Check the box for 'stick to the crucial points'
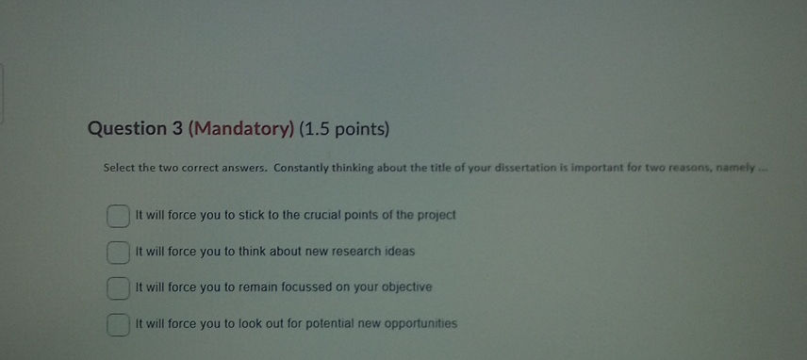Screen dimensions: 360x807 (117, 217)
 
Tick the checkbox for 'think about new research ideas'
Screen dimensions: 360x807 (117, 253)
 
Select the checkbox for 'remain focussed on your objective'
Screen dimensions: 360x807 (117, 287)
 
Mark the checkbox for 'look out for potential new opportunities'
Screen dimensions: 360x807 (117, 324)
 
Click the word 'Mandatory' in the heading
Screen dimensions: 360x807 (241, 129)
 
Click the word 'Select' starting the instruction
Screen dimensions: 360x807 (120, 168)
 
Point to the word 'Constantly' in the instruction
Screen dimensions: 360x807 (304, 168)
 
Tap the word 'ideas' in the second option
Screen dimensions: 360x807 (399, 252)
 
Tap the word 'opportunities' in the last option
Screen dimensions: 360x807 (420, 323)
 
